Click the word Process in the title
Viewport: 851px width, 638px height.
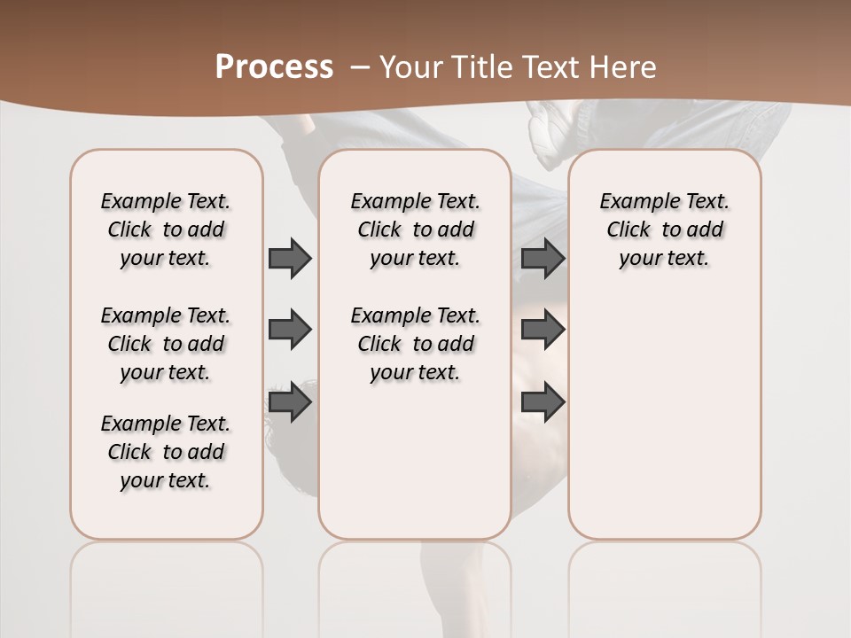[274, 67]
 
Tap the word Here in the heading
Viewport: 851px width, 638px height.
[624, 67]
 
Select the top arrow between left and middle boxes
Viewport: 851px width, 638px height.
[290, 258]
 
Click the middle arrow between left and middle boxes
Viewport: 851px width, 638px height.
[290, 330]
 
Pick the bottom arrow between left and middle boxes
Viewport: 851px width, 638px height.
[290, 403]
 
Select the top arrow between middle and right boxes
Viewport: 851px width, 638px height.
[543, 258]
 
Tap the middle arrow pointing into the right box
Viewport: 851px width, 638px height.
[543, 330]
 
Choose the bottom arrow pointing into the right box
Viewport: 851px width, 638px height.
[543, 403]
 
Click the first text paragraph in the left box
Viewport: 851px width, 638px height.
[166, 230]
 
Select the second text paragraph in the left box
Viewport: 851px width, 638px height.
[166, 344]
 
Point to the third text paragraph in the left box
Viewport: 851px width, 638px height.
[166, 452]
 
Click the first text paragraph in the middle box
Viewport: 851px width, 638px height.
[416, 230]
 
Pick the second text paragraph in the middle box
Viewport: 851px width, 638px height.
[416, 344]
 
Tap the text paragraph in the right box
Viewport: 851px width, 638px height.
[665, 230]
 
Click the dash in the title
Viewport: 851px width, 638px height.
[360, 67]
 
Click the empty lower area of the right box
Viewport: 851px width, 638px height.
[665, 425]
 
